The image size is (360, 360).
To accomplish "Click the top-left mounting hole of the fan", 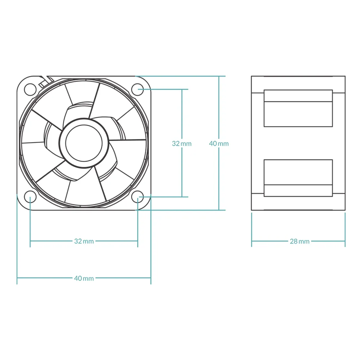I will coord(30,89).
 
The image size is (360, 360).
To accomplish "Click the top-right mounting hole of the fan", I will coord(138,89).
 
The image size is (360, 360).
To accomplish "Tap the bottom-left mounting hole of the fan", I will coord(30,197).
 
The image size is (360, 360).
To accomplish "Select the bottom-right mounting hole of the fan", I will coord(138,197).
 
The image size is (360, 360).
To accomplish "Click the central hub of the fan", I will coord(84,143).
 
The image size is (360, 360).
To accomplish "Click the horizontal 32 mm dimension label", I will coord(84,241).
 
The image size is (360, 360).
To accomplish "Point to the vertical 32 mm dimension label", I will coord(182,144).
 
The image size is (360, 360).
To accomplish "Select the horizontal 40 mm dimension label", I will coord(84,278).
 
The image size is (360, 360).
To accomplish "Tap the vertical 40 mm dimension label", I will coord(219,144).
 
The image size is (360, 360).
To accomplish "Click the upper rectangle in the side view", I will coord(298,108).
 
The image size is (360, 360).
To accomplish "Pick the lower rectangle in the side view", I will coord(298,178).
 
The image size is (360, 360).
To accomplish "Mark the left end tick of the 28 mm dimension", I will coord(252,241).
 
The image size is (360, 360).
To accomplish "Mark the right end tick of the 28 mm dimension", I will coord(345,241).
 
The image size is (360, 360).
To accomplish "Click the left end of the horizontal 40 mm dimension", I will coord(17,278).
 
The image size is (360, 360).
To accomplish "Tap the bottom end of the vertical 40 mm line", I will coord(219,210).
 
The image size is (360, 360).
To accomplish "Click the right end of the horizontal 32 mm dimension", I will coord(138,241).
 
